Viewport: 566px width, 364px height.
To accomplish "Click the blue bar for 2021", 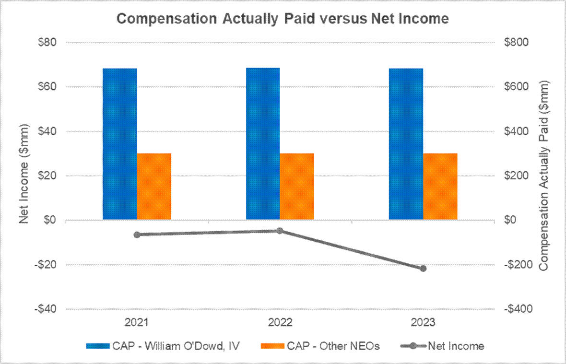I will pos(119,144).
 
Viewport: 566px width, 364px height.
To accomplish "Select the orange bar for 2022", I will pos(297,187).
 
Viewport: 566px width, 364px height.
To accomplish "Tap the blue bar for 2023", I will pos(406,144).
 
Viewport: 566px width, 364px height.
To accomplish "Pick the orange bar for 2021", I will pos(154,187).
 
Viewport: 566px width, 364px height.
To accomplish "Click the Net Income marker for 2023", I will pos(423,269).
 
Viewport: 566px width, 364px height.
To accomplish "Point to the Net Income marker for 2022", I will pos(280,231).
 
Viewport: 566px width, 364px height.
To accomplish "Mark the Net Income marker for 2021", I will pos(137,235).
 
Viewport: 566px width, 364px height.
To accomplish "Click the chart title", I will pos(283,19).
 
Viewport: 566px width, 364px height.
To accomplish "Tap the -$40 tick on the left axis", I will pos(47,309).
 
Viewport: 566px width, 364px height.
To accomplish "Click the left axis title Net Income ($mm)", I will pos(24,175).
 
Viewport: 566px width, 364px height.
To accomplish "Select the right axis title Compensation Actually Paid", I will pos(544,175).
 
